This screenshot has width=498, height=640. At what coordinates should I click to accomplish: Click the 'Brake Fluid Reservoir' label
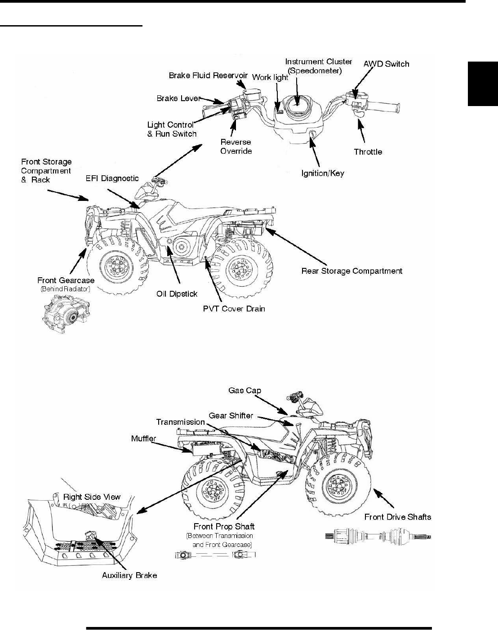tap(208, 76)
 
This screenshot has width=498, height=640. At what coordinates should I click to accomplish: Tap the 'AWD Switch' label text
tap(386, 64)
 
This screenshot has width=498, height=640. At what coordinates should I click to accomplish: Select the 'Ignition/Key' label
tap(322, 173)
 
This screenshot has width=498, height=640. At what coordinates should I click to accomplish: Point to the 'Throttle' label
tap(368, 152)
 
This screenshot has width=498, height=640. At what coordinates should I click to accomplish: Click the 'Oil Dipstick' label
tap(177, 294)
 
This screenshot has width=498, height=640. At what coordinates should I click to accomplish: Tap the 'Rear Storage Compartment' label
tap(351, 271)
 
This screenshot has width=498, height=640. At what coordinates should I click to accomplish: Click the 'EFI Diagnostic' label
tap(112, 179)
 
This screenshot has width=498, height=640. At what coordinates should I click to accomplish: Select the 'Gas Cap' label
tap(245, 391)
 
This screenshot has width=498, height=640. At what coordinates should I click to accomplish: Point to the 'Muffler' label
tap(143, 438)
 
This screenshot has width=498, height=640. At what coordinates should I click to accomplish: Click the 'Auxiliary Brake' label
tap(129, 575)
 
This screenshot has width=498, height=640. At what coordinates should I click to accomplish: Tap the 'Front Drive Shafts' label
tap(397, 517)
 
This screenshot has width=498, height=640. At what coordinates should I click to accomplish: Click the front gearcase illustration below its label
tap(63, 315)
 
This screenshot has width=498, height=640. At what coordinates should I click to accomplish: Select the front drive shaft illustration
tap(378, 536)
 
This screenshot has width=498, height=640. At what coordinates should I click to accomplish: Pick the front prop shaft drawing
tap(215, 556)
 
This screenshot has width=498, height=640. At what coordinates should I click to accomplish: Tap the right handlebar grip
tap(385, 108)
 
